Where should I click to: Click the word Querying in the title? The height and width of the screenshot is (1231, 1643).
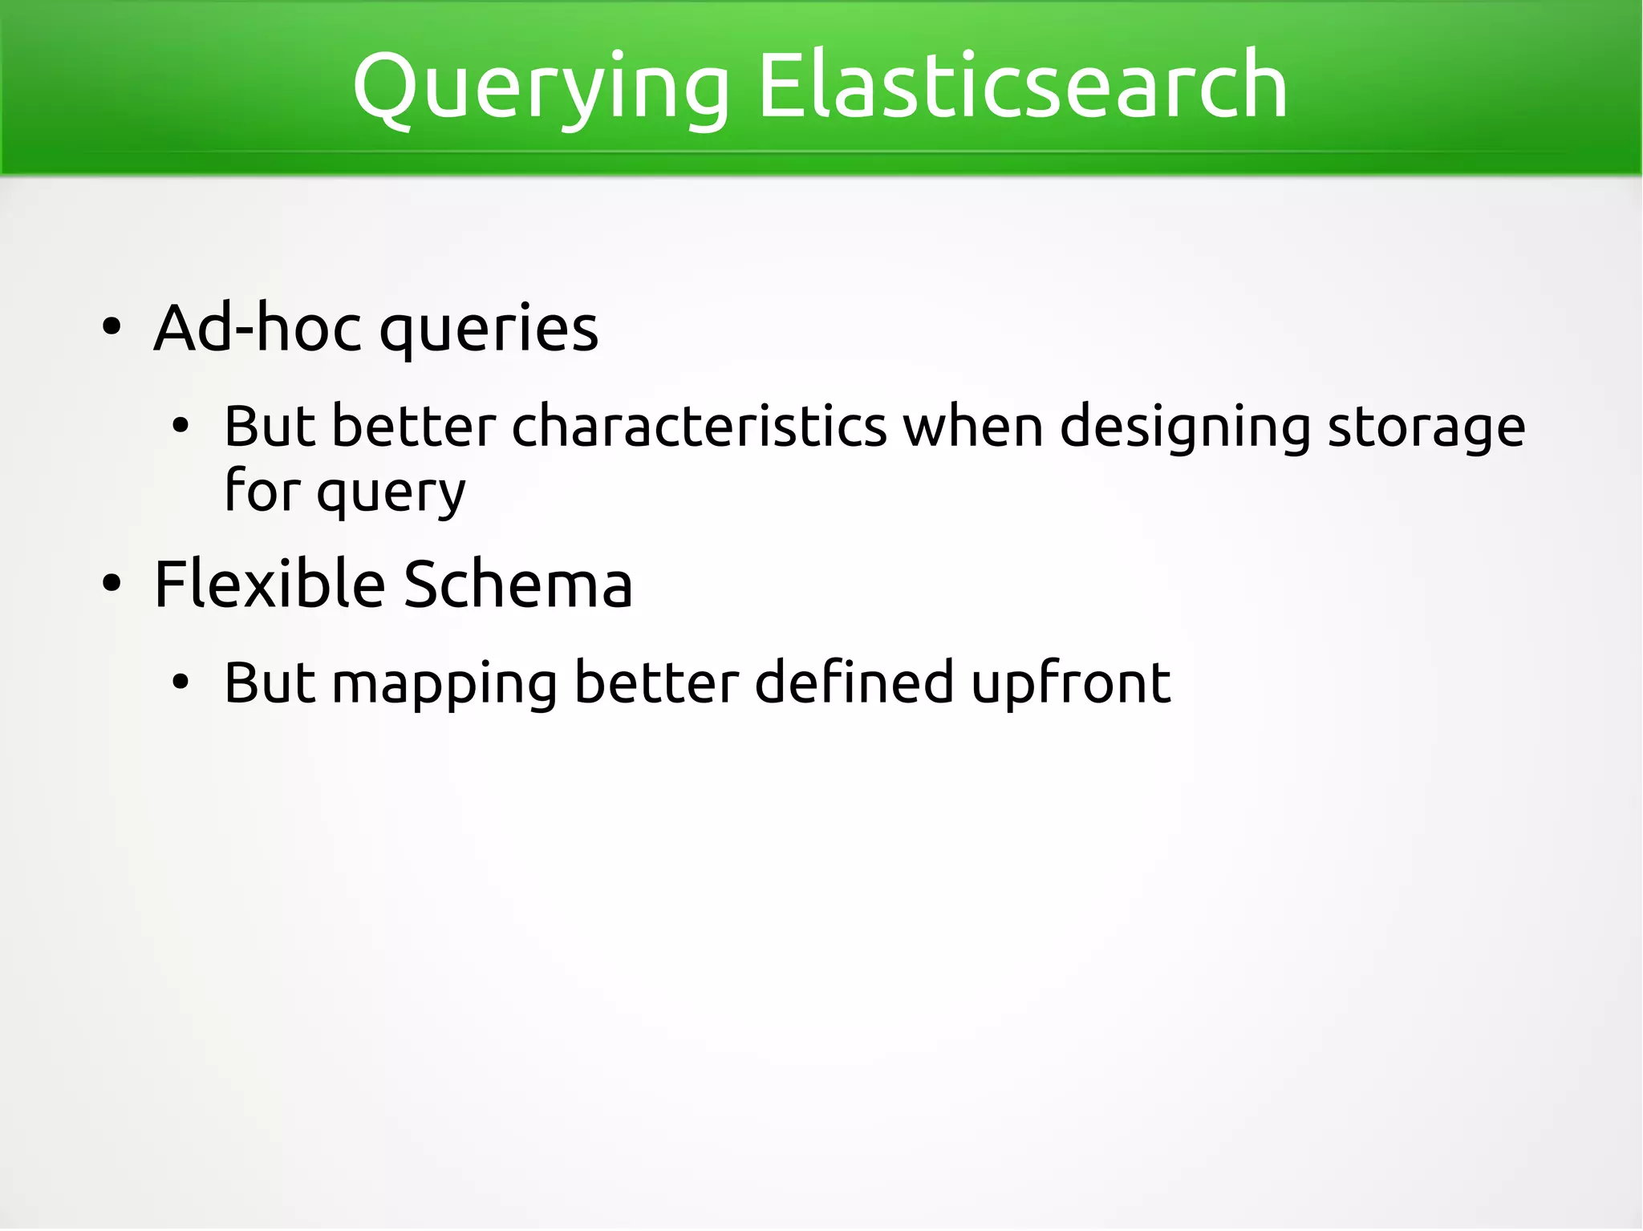[x=541, y=87]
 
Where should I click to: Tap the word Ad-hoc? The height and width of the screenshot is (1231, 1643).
[x=258, y=328]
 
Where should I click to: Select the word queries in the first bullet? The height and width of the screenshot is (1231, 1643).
[x=489, y=330]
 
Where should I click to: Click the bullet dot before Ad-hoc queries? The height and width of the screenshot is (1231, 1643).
[x=112, y=328]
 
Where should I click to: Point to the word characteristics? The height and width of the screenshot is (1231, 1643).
[x=699, y=427]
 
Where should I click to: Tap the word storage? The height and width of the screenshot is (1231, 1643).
[x=1426, y=428]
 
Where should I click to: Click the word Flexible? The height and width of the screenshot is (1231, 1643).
[x=270, y=584]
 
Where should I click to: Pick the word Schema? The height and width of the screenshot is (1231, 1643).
[x=517, y=584]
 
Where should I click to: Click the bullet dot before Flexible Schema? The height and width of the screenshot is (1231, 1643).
[x=112, y=584]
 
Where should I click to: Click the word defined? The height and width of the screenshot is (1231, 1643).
[x=854, y=682]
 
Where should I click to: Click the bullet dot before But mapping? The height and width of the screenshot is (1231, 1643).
[x=181, y=683]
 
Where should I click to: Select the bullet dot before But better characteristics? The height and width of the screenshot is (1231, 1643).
[x=181, y=427]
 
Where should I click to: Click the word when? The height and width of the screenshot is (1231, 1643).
[x=973, y=427]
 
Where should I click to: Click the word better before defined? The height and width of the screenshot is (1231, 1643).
[x=656, y=682]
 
